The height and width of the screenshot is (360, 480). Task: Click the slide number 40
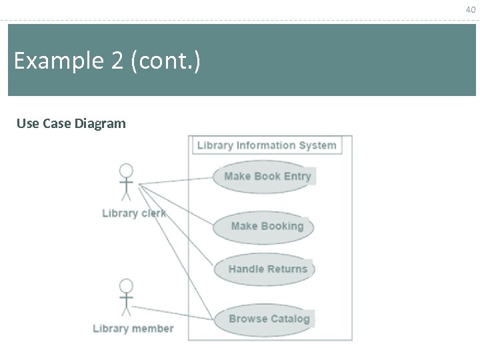(471, 9)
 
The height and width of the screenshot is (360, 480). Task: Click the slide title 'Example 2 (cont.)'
(107, 61)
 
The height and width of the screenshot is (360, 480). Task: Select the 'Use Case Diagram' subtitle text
(71, 123)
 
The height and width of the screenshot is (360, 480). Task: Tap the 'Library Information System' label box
(267, 145)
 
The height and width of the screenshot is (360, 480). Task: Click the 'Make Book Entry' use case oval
(264, 177)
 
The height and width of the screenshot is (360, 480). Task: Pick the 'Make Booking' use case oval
(263, 227)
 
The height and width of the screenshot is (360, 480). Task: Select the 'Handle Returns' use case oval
(264, 269)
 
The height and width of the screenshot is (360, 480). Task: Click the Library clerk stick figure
(126, 182)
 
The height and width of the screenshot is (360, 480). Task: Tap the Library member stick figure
(126, 297)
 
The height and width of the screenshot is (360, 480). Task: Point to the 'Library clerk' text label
(133, 213)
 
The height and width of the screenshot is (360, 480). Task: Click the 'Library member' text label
(133, 328)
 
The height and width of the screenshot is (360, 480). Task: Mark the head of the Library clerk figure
(126, 171)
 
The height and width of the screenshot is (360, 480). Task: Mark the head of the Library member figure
(126, 286)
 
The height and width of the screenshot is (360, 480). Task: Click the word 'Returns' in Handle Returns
(287, 269)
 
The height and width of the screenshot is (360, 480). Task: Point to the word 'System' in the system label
(317, 145)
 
